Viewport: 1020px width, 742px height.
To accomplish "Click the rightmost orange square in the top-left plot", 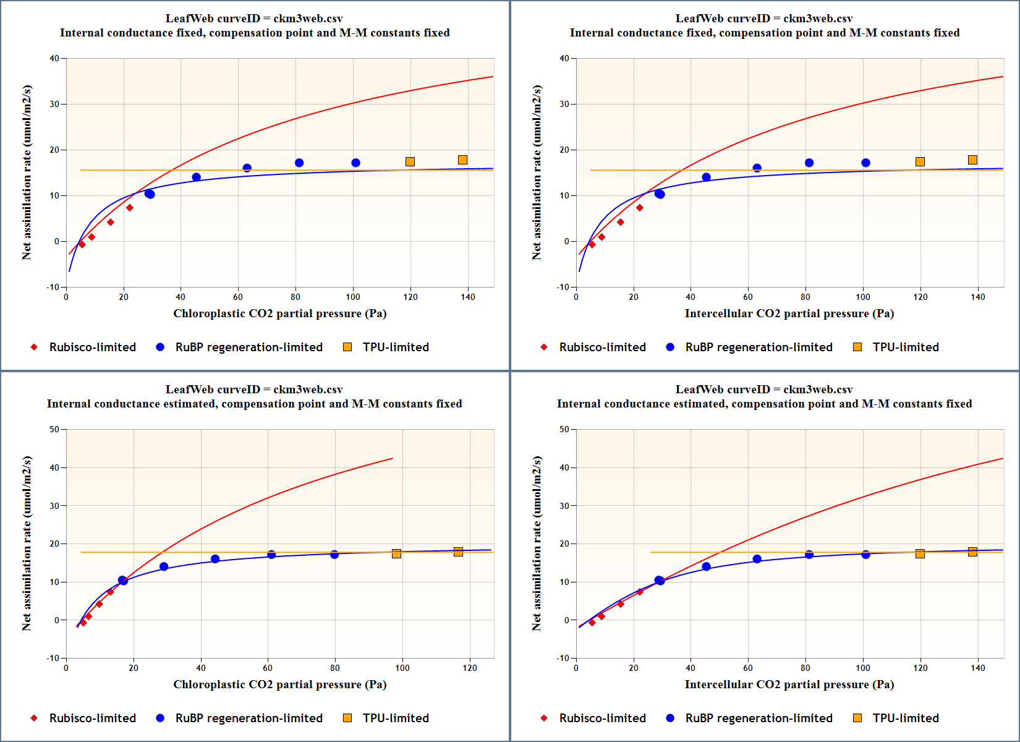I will (462, 160).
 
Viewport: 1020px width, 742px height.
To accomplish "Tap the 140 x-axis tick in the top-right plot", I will (978, 297).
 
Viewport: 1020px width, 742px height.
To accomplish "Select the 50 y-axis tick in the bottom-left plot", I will (54, 429).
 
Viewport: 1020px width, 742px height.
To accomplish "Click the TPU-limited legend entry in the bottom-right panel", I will (905, 718).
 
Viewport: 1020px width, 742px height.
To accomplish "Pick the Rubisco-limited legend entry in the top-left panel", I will (92, 347).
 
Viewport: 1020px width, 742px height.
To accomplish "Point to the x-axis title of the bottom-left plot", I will (279, 684).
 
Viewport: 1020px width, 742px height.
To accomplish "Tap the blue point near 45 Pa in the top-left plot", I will (197, 177).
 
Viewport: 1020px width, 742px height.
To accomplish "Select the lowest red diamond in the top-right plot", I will (592, 245).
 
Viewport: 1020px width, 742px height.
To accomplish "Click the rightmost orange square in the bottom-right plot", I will (972, 552).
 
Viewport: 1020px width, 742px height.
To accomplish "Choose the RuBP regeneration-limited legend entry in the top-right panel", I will (759, 347).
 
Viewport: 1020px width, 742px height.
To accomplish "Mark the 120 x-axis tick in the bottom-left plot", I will (470, 668).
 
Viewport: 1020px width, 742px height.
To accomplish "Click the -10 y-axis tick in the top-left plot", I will (53, 287).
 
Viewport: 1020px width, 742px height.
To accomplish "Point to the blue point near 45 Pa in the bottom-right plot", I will (707, 566).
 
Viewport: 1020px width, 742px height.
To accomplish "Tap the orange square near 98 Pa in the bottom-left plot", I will (396, 553).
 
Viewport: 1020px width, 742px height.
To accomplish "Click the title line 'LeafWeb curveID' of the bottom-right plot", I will (764, 390).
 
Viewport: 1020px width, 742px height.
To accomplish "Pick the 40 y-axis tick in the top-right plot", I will (564, 58).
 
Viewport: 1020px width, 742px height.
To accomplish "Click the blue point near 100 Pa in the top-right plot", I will (865, 163).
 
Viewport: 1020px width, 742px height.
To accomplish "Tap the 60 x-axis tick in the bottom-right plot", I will (748, 668).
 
